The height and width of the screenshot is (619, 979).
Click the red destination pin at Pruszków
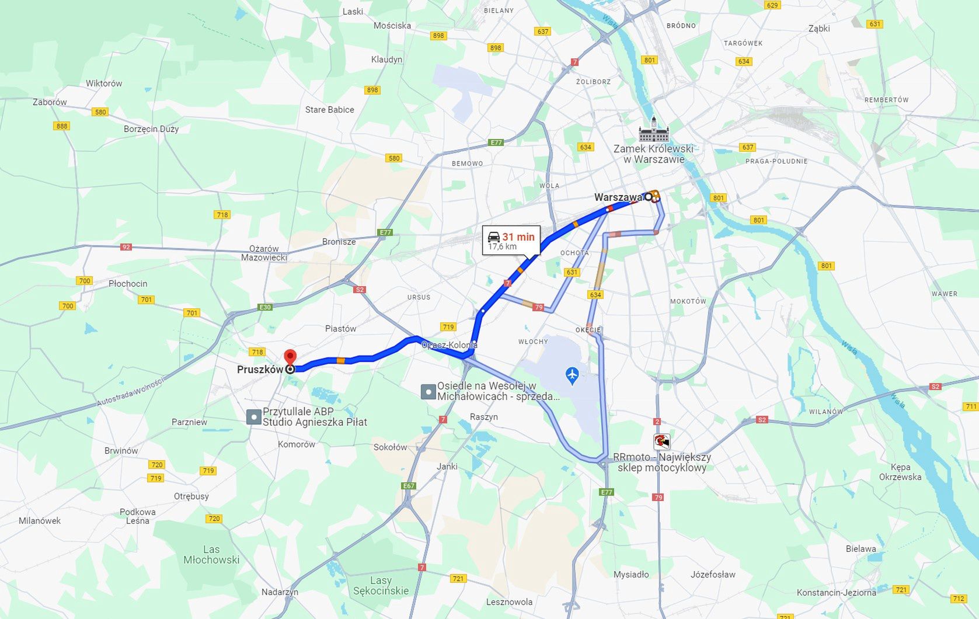(x=290, y=357)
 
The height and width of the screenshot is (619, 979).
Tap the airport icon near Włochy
(x=572, y=375)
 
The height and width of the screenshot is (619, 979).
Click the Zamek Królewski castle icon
(x=654, y=131)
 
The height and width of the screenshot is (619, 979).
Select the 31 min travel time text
(x=518, y=237)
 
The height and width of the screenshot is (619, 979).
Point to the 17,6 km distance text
(x=502, y=247)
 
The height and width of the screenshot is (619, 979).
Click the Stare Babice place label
(x=329, y=110)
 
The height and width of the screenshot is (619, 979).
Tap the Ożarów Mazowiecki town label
(x=264, y=253)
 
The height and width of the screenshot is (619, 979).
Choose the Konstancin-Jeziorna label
(x=836, y=592)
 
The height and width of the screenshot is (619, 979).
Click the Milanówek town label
(x=40, y=521)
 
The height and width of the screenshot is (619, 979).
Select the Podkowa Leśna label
(x=138, y=516)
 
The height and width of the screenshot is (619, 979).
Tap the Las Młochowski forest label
(x=211, y=555)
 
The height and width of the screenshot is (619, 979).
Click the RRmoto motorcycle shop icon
(x=661, y=441)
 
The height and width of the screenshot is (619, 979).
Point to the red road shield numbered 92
(x=126, y=247)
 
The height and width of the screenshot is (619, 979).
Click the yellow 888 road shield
(x=61, y=126)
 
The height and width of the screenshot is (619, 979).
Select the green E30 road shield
(x=266, y=307)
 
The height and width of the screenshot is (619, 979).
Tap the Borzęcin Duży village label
(x=151, y=129)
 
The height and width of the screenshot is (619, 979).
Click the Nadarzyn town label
(x=280, y=592)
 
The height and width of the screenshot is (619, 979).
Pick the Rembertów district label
(x=886, y=100)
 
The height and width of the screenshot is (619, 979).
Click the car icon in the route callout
(x=494, y=237)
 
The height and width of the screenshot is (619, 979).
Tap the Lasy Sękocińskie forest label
(x=381, y=585)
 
